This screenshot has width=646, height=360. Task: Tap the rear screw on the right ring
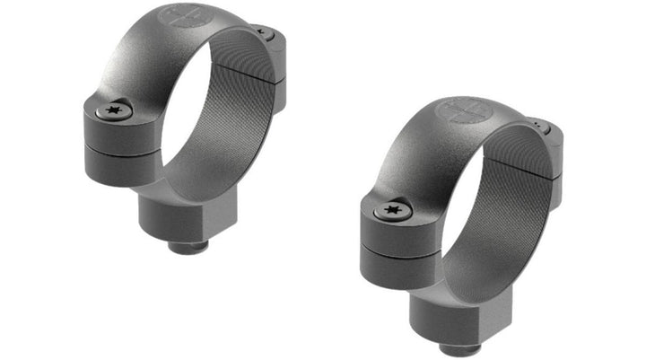click(x=538, y=127)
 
